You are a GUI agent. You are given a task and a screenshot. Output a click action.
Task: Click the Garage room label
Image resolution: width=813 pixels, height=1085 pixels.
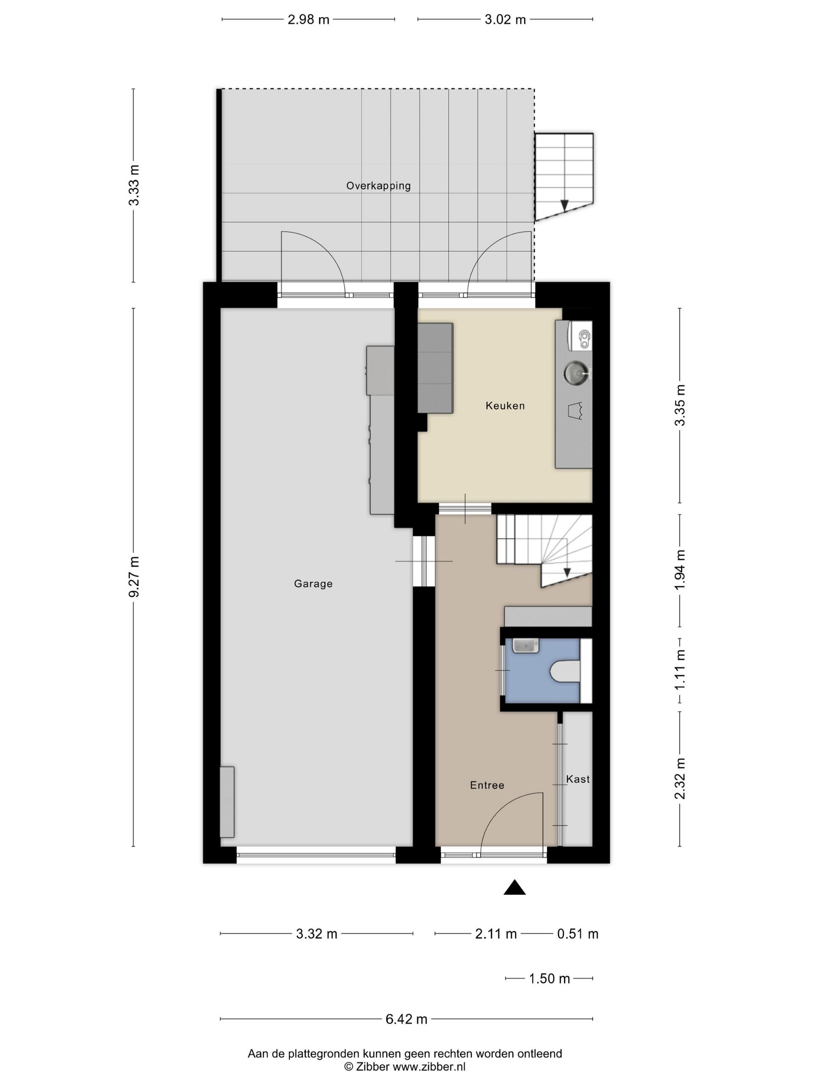click(x=313, y=584)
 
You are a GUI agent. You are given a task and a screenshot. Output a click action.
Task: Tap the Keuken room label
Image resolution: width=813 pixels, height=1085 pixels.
click(x=505, y=406)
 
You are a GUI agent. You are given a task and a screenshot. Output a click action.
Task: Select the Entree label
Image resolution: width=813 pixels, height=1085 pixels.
click(x=487, y=785)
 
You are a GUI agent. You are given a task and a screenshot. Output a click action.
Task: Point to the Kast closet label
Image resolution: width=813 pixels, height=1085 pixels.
click(x=578, y=779)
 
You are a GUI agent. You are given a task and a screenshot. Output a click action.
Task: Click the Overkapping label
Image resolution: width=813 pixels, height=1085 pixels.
click(x=378, y=186)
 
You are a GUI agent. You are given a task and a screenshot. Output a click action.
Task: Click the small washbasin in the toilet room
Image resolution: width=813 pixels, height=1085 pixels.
click(x=525, y=645)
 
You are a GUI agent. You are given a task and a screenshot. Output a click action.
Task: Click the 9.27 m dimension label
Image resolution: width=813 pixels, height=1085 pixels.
click(x=134, y=577)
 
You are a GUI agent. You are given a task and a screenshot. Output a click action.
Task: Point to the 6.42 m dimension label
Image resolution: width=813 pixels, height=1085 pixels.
click(x=406, y=1015)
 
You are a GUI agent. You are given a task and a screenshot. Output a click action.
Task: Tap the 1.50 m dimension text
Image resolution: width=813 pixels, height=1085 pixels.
click(x=549, y=979)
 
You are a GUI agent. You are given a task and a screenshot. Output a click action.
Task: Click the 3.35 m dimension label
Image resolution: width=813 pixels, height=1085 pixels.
click(x=680, y=405)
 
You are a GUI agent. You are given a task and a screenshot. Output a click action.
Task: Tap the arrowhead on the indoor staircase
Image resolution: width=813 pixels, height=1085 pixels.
click(x=567, y=573)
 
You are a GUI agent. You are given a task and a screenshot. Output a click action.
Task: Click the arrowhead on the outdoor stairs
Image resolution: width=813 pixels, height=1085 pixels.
click(x=564, y=206)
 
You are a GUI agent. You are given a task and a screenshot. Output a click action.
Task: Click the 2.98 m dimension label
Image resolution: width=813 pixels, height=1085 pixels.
click(x=308, y=19)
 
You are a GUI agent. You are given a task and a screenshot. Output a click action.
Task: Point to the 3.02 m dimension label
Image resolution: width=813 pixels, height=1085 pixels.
click(x=505, y=19)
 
